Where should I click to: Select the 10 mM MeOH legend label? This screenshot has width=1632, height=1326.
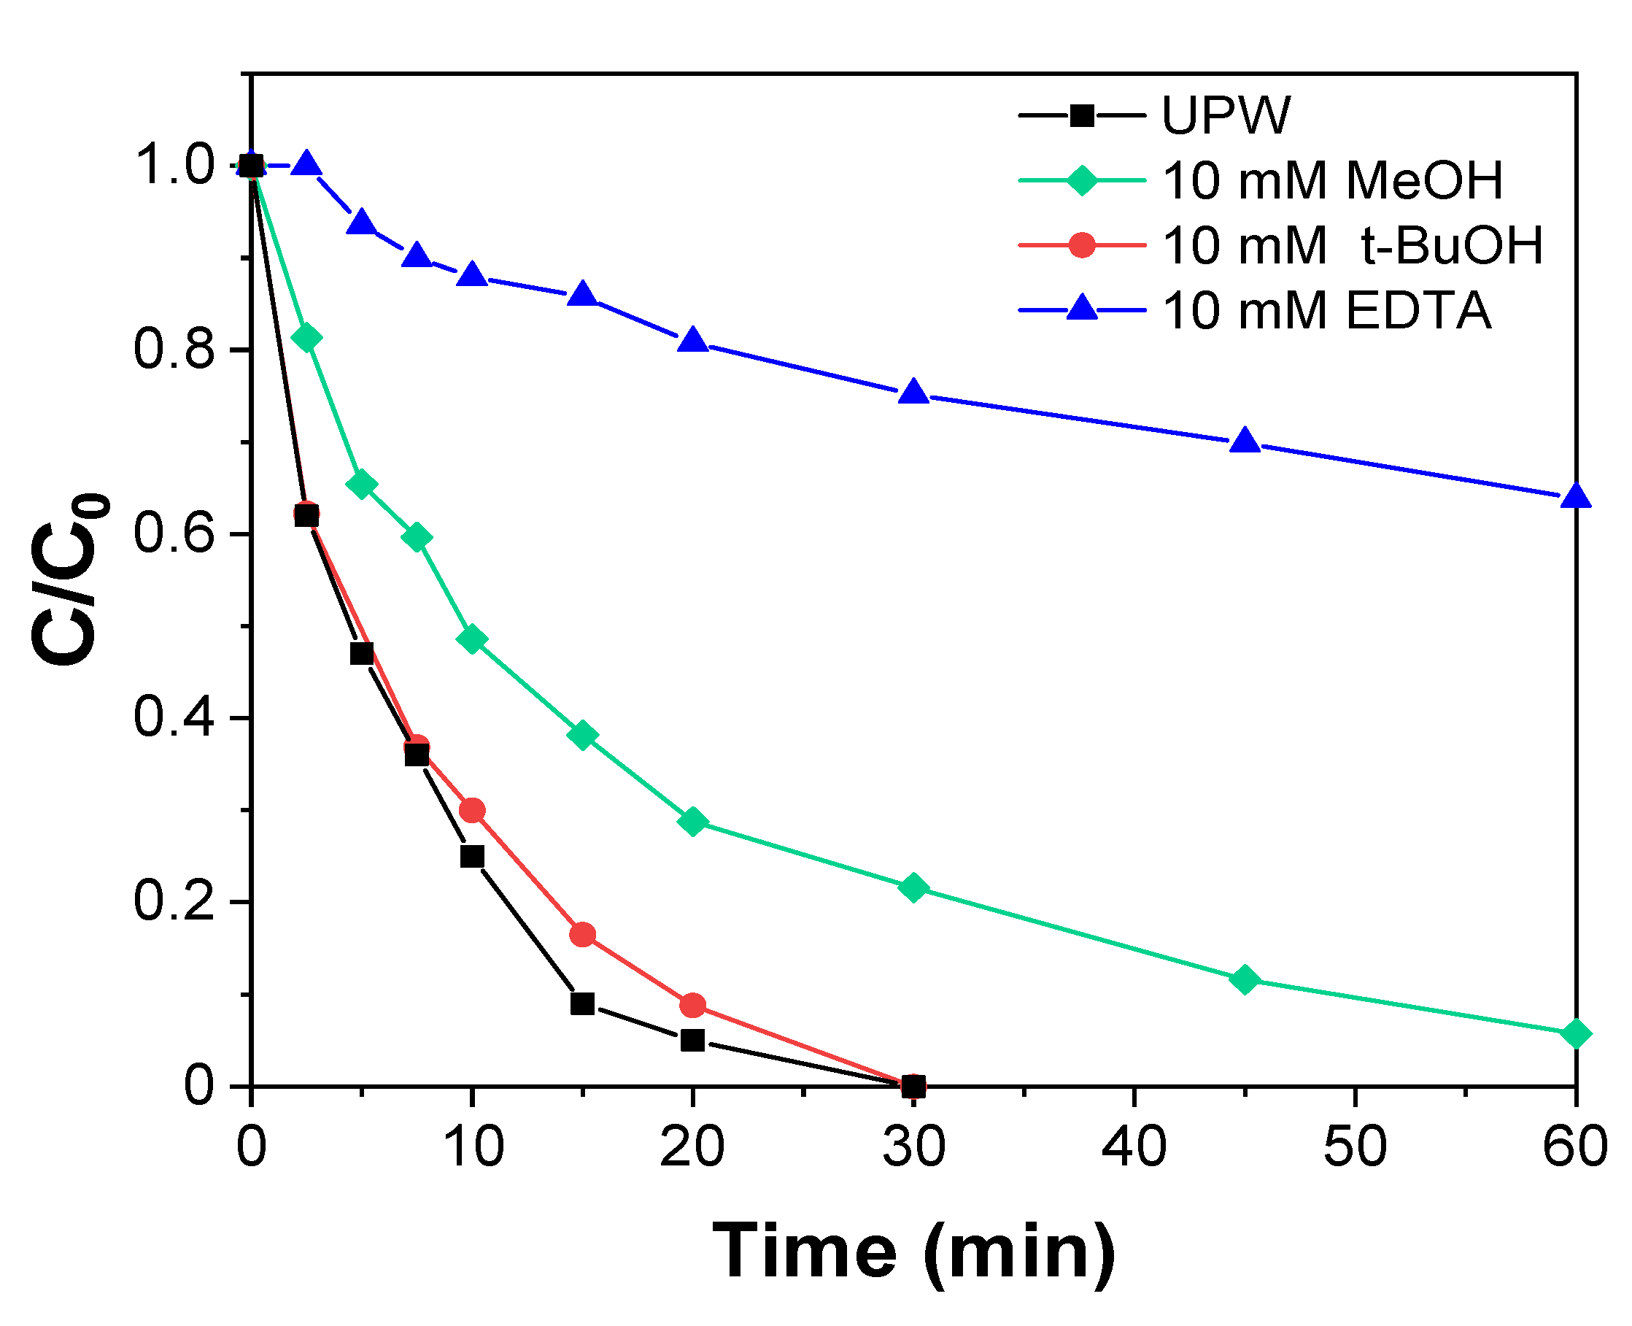pyautogui.click(x=1332, y=181)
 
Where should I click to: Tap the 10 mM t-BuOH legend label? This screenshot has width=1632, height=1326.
pyautogui.click(x=1352, y=246)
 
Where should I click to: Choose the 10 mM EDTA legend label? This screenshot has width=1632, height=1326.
pyautogui.click(x=1326, y=311)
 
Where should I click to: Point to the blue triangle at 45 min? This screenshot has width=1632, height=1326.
pyautogui.click(x=1245, y=442)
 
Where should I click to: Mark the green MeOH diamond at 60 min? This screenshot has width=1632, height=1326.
pyautogui.click(x=1576, y=1034)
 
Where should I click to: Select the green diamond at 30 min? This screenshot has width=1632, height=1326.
pyautogui.click(x=913, y=887)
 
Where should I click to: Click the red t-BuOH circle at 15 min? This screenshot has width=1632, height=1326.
pyautogui.click(x=583, y=934)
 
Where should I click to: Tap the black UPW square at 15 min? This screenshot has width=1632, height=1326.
pyautogui.click(x=583, y=1003)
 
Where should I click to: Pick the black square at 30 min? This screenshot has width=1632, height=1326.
pyautogui.click(x=913, y=1085)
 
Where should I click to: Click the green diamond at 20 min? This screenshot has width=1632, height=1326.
pyautogui.click(x=692, y=822)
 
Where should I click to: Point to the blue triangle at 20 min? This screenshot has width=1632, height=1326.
pyautogui.click(x=692, y=341)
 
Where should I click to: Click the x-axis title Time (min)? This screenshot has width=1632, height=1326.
pyautogui.click(x=913, y=1251)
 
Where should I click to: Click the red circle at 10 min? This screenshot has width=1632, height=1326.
pyautogui.click(x=472, y=809)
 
